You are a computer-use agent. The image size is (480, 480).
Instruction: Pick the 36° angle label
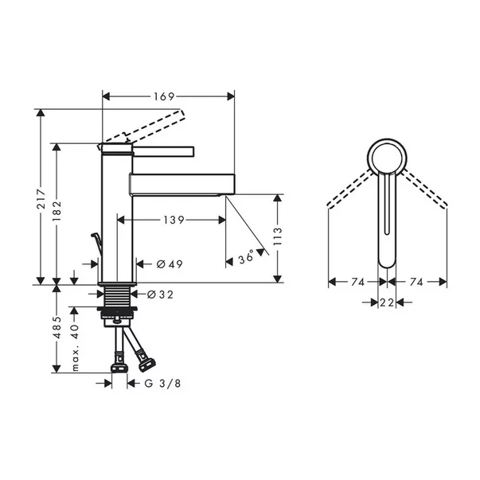click(x=246, y=257)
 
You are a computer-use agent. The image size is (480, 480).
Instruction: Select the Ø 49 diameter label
click(x=165, y=264)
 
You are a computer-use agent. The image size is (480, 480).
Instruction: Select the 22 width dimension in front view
click(x=387, y=302)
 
